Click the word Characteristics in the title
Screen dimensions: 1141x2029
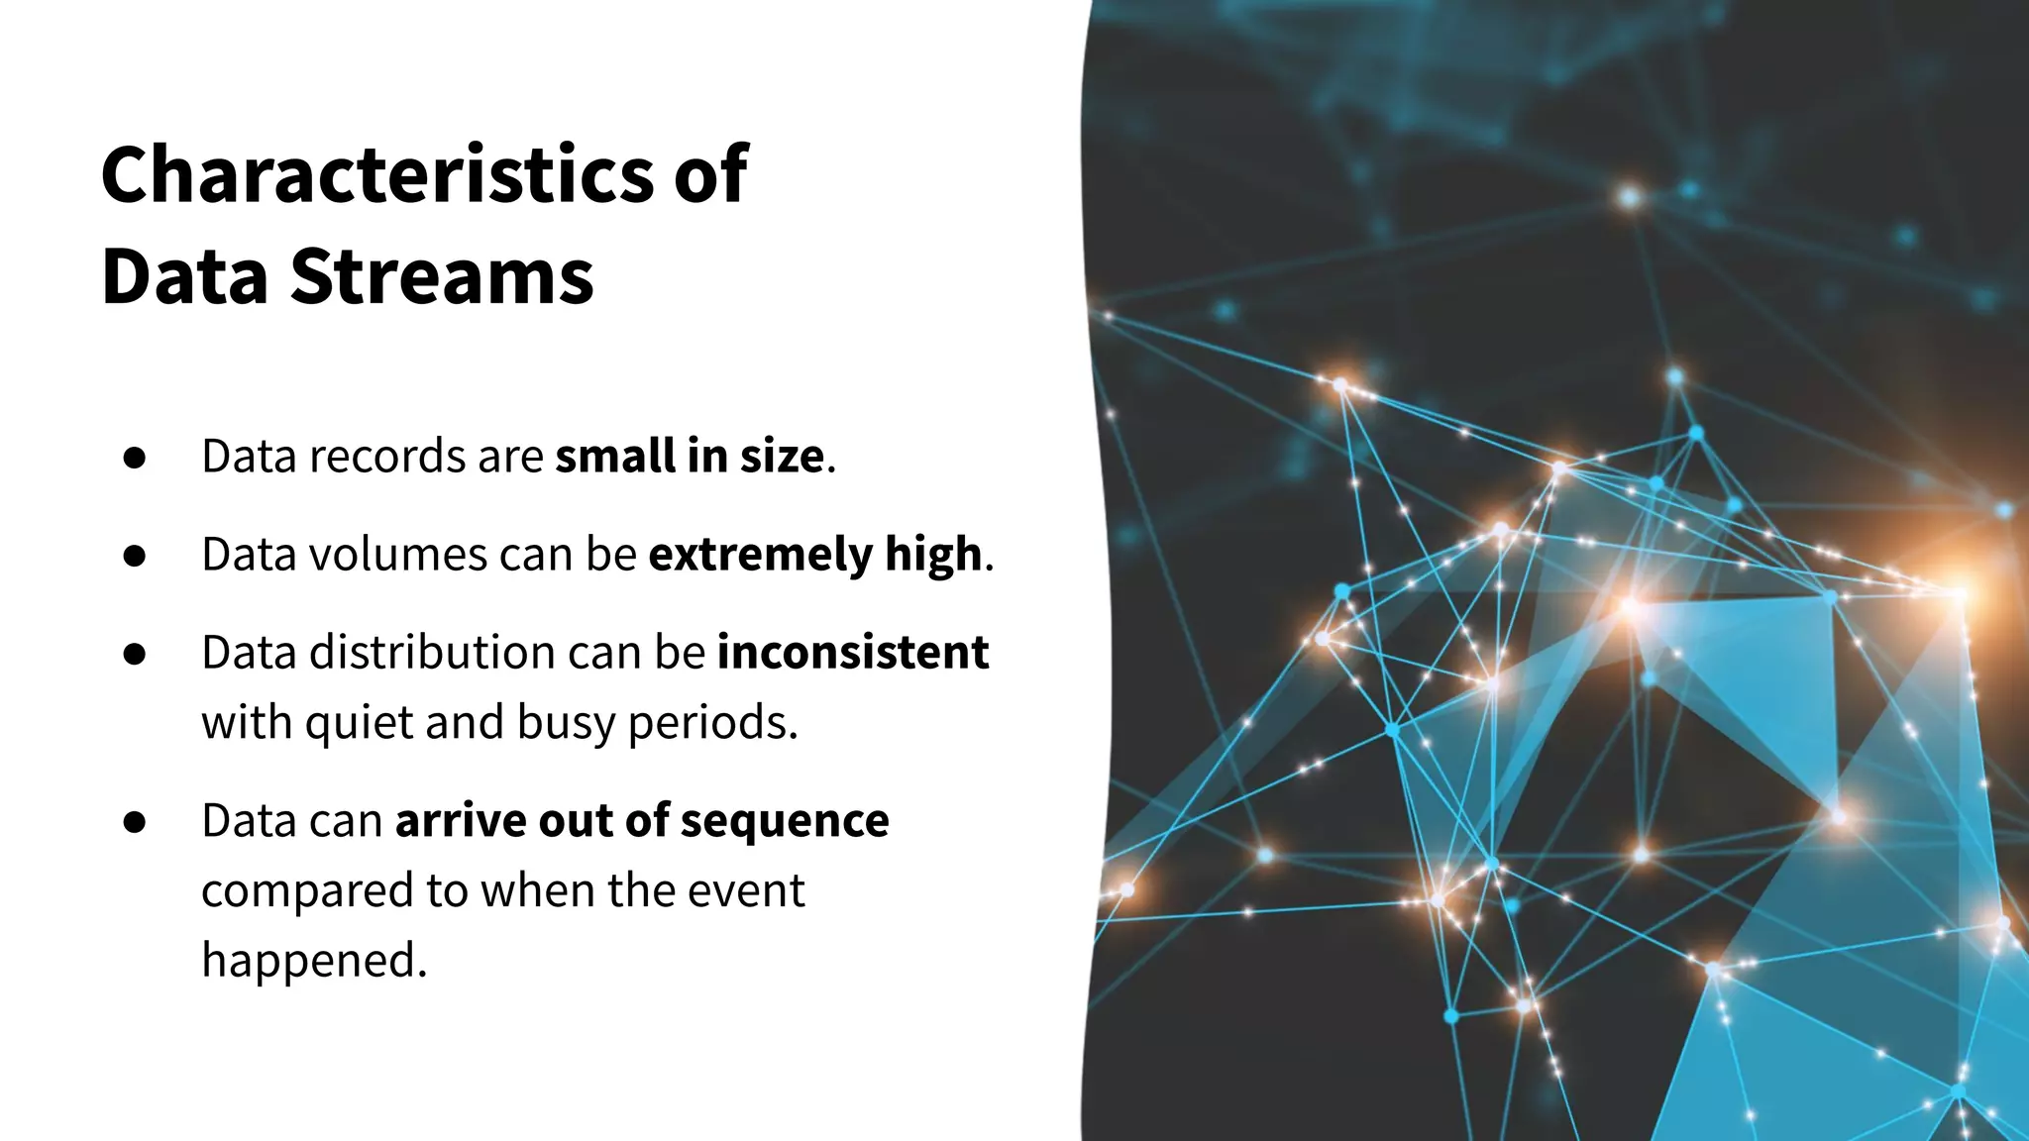(x=377, y=175)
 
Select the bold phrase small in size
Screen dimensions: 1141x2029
(x=689, y=457)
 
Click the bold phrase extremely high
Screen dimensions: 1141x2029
(x=814, y=555)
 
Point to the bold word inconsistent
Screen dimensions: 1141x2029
(x=852, y=653)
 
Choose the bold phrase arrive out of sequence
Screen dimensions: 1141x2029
(x=642, y=821)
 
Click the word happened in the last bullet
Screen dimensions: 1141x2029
(x=313, y=960)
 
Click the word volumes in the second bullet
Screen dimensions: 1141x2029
(x=398, y=555)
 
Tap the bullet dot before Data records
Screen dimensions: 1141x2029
(x=135, y=459)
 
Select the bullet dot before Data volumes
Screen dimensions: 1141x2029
(x=135, y=557)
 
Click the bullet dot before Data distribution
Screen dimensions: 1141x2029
(x=135, y=655)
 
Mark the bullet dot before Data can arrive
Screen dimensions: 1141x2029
(x=135, y=823)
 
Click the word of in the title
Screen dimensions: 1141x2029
(x=709, y=175)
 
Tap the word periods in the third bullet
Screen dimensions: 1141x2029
(x=712, y=723)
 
